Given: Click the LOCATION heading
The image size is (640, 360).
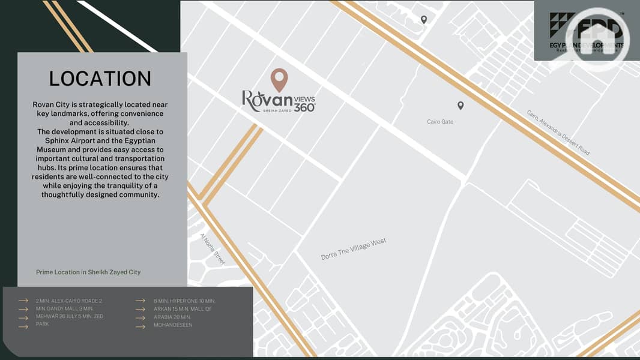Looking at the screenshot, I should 100,79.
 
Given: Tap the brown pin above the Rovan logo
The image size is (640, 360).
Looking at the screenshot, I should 279,79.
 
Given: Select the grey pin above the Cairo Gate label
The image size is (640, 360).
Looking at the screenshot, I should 460,106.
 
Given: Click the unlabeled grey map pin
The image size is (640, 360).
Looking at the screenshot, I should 424,20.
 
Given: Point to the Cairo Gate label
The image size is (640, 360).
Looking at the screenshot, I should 440,122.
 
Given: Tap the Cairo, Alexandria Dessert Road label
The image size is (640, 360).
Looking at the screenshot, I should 558,133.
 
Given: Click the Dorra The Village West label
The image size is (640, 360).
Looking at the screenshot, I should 353,249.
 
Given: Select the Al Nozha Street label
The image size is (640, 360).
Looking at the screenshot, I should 212,249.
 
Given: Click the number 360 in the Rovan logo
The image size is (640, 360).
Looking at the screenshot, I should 304,107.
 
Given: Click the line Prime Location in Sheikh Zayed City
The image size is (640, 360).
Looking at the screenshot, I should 88,272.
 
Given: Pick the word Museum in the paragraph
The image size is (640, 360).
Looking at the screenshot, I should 50,149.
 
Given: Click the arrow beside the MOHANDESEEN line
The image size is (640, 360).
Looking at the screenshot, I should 140,326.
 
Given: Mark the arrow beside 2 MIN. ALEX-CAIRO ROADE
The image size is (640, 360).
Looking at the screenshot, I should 23,301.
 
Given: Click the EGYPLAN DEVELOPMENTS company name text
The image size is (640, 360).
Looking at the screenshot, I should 587,46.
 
